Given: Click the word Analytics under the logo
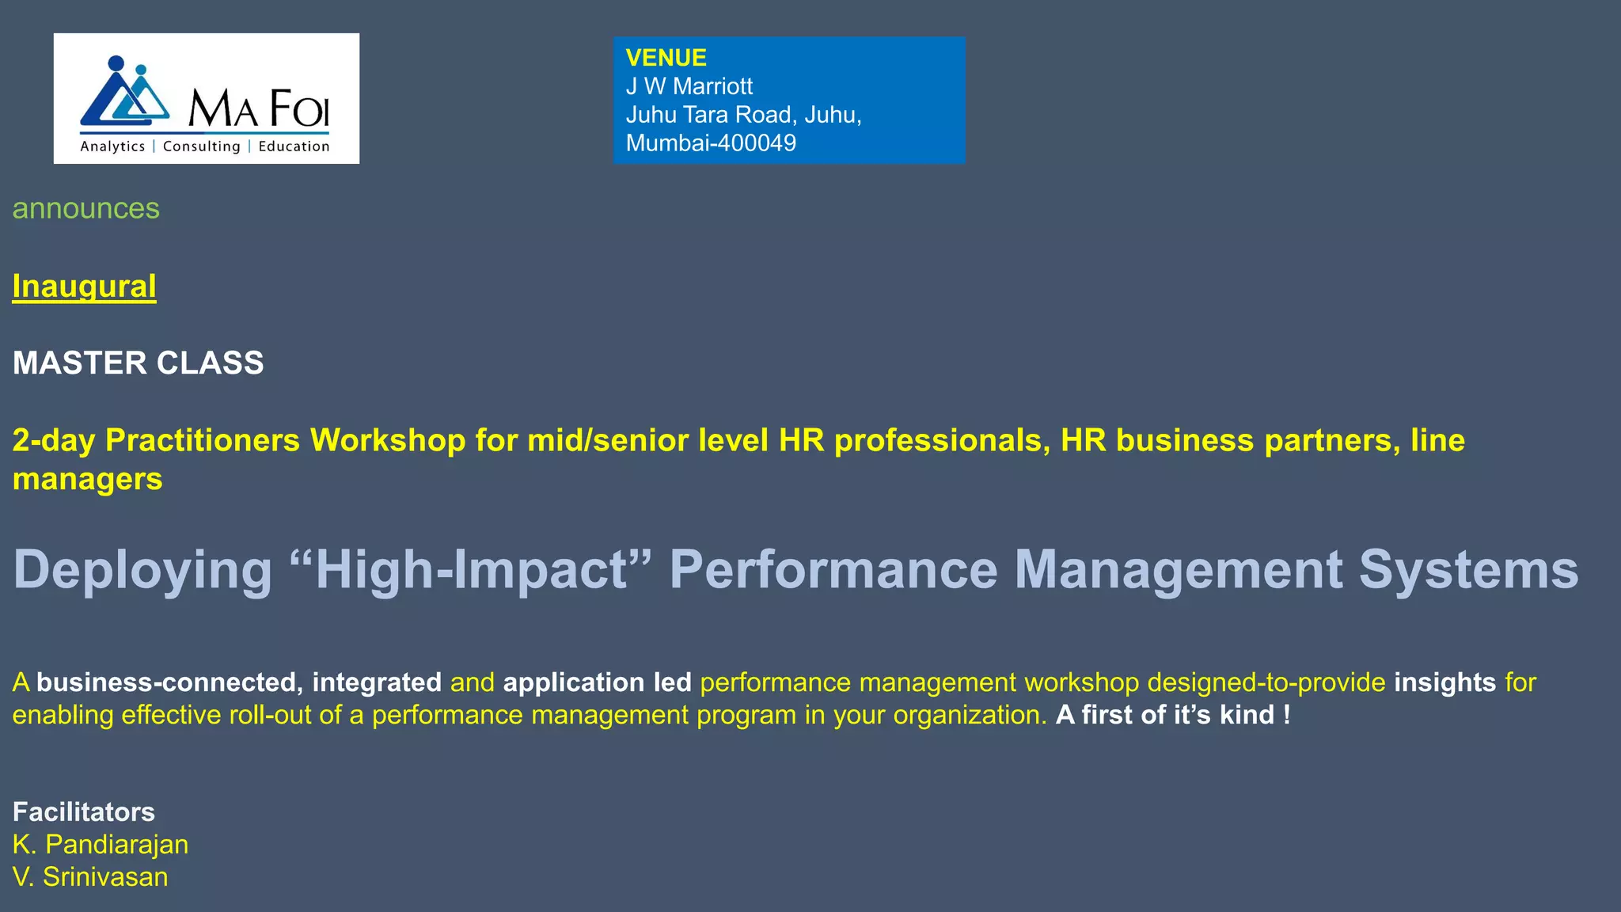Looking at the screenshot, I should tap(112, 146).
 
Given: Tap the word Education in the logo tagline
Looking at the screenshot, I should tap(294, 146).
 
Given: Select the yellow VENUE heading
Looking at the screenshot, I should tap(666, 58).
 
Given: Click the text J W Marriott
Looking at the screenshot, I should tap(689, 86).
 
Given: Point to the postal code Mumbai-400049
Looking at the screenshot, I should tap(711, 143).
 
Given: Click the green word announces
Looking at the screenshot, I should tap(86, 208).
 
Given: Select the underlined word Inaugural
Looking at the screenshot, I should tap(84, 287).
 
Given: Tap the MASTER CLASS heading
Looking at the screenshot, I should tap(139, 363).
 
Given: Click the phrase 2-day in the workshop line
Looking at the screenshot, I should tap(54, 440).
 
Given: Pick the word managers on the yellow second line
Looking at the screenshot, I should tap(88, 479).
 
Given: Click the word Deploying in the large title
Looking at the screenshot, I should tap(143, 570).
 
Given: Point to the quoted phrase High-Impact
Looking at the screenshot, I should tap(472, 570).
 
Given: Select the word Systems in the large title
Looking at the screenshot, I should tap(1468, 570).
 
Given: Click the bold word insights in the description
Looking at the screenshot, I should tap(1444, 682).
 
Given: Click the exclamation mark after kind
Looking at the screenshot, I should tap(1287, 715).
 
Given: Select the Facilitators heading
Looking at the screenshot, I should tap(84, 812).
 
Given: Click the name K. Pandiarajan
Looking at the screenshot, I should tap(101, 845).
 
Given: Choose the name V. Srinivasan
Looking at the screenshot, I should tap(90, 877).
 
